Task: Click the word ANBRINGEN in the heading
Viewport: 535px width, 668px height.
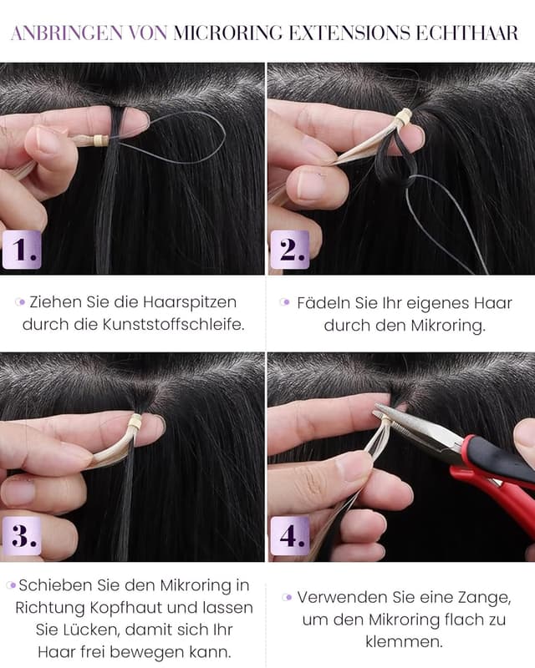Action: [64, 33]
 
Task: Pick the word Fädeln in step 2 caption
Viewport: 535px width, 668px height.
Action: [322, 302]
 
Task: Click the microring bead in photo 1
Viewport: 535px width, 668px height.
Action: [102, 139]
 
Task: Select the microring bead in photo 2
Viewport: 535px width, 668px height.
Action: [403, 118]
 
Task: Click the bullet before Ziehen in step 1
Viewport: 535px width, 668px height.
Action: [21, 302]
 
